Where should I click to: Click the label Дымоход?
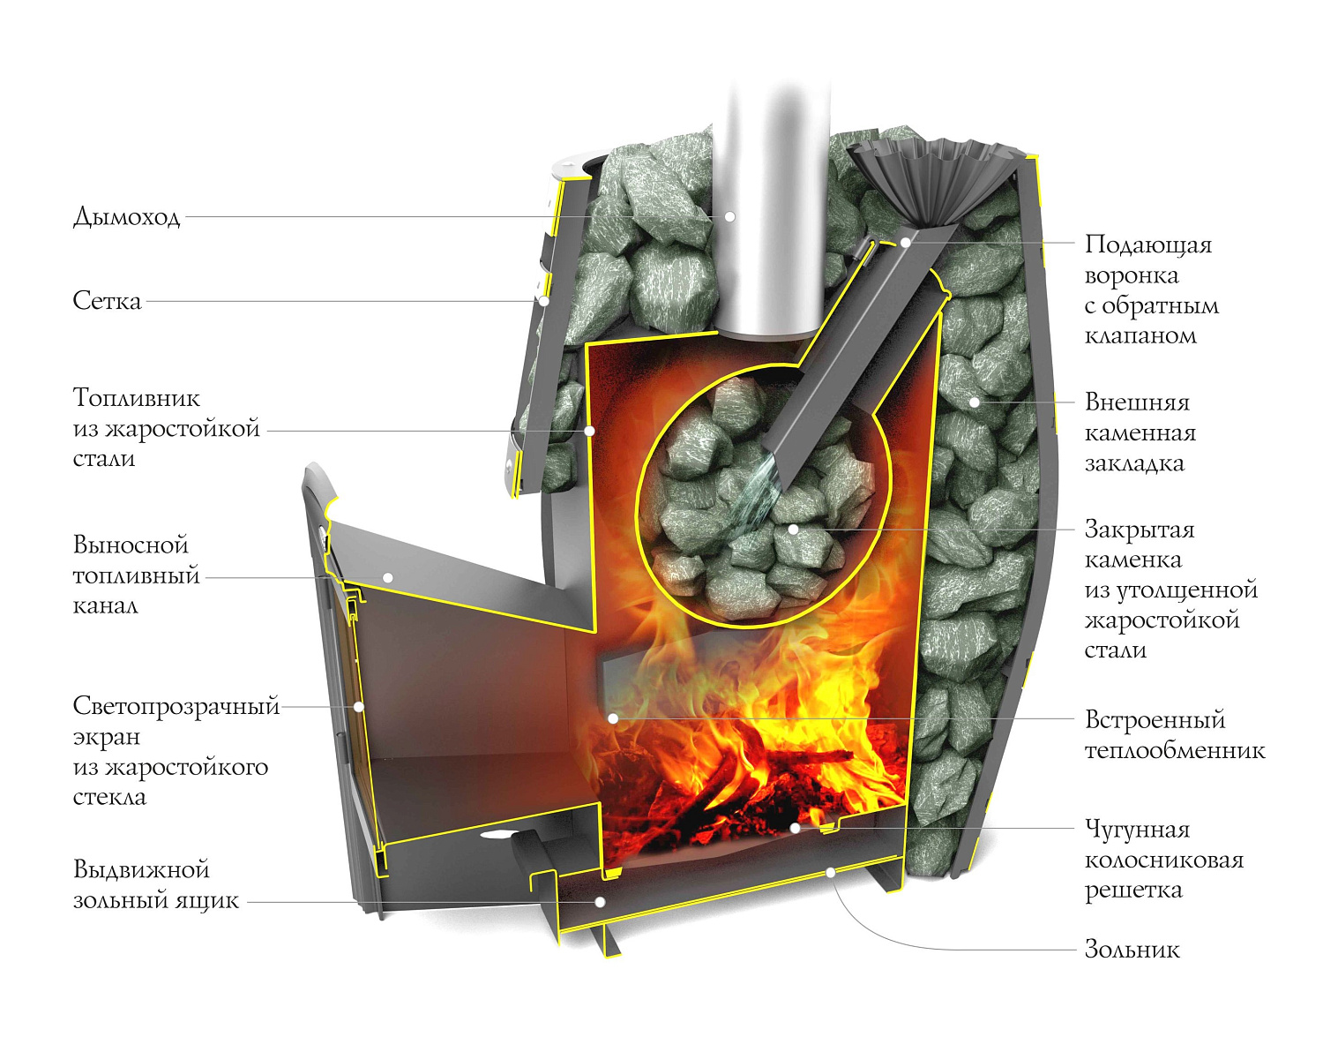point(127,217)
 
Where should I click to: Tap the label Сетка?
point(107,301)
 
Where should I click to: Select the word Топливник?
point(137,398)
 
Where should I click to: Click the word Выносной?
point(131,545)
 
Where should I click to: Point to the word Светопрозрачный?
point(176,706)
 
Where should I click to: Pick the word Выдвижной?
point(141,870)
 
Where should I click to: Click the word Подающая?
point(1147,244)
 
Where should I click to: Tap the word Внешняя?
point(1137,402)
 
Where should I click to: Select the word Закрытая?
point(1139,530)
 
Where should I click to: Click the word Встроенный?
point(1155,720)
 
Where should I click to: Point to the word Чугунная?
point(1137,830)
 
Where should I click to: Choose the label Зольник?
point(1132,951)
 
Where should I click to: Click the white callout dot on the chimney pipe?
point(729,216)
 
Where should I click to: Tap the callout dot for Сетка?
point(544,301)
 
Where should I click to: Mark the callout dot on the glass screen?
point(358,707)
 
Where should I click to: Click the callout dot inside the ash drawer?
point(600,902)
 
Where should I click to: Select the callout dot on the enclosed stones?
point(794,530)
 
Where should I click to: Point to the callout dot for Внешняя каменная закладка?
point(975,402)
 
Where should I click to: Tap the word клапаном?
point(1140,336)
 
